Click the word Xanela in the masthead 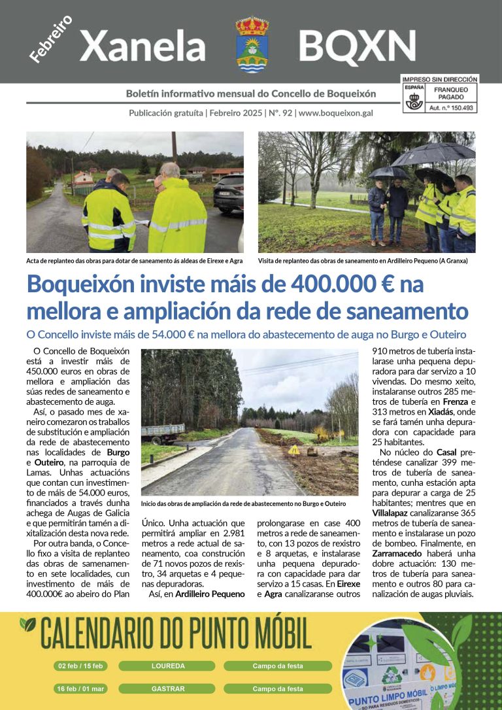tap(142, 46)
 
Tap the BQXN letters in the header tap(357, 46)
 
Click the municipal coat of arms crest tap(252, 44)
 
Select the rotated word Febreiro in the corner tap(50, 39)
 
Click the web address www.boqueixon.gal tap(335, 112)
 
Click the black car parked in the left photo tap(228, 193)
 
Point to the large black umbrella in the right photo tap(433, 154)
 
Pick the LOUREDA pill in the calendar tap(168, 666)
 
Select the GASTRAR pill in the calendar tap(168, 688)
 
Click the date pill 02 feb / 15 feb tap(81, 666)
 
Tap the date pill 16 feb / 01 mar tap(81, 688)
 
